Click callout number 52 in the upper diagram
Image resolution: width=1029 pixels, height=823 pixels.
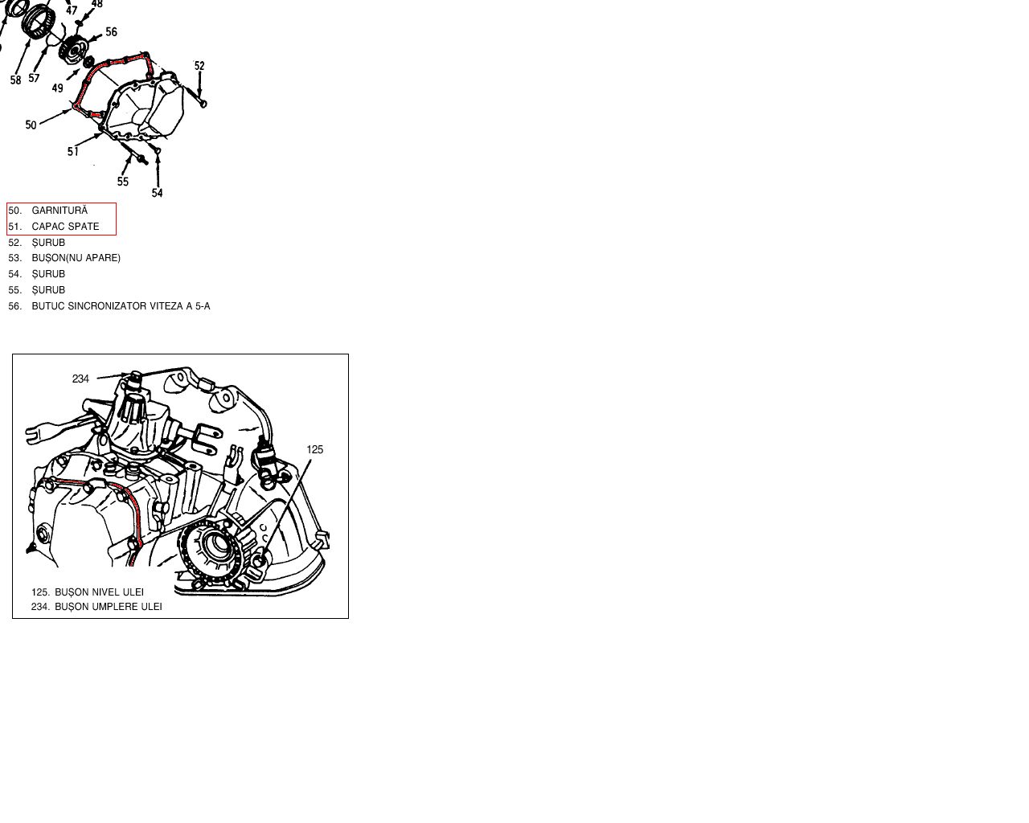[199, 66]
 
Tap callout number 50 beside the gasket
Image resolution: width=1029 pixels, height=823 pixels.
[31, 125]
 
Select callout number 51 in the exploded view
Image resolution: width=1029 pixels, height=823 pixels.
[72, 152]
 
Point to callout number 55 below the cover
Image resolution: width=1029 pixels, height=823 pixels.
[123, 182]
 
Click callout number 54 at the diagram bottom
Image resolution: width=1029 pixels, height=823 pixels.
[158, 193]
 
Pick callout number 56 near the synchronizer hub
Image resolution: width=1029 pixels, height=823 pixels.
[112, 32]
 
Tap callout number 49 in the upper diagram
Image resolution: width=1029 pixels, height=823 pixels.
[57, 88]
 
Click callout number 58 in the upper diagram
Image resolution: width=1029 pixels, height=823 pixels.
[16, 80]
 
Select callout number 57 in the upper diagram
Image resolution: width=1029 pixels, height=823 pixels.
[34, 77]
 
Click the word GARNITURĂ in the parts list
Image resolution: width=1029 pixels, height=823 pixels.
[59, 211]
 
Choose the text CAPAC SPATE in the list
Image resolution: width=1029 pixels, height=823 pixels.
[65, 227]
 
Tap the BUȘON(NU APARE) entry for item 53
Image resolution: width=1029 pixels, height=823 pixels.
[76, 258]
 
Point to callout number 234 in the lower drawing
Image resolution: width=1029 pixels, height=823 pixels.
[80, 379]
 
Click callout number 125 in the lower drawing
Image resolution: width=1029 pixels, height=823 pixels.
[314, 449]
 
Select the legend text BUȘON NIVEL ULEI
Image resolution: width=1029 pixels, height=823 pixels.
[99, 592]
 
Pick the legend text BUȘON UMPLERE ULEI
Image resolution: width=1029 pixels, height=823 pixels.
[108, 607]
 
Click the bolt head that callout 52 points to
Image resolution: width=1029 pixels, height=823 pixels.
[203, 104]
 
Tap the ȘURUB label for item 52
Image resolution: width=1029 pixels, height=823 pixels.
[48, 243]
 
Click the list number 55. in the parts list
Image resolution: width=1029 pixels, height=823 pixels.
[14, 290]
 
